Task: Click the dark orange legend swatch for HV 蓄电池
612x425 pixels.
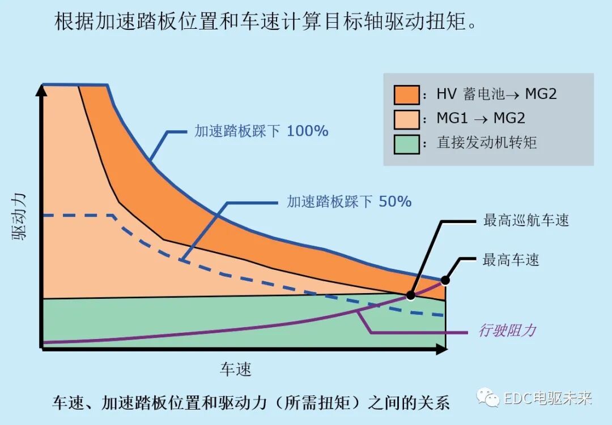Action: (406, 94)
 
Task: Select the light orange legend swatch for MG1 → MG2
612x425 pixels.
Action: (406, 118)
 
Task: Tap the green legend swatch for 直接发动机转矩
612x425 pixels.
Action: (406, 143)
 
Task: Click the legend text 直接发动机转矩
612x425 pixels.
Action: (486, 143)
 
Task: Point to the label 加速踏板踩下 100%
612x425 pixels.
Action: (261, 131)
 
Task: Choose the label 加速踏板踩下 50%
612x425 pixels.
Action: (349, 201)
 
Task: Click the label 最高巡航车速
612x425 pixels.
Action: (526, 220)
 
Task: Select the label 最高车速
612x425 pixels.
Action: (511, 260)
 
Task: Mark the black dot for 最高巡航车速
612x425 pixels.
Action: (410, 295)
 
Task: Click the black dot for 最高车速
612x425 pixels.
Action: (445, 280)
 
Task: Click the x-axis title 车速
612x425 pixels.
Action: (235, 370)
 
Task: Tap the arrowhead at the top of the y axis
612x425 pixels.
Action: (41, 89)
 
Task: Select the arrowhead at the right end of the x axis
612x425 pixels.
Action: (441, 350)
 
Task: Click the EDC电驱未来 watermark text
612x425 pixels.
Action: (547, 398)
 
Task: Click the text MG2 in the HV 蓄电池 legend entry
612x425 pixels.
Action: (541, 94)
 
